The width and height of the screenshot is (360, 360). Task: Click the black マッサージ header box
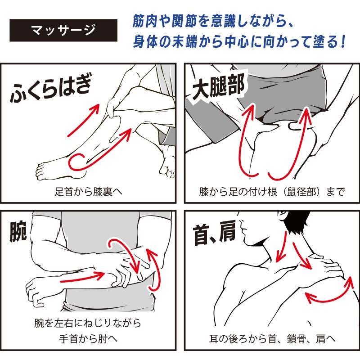tap(63, 30)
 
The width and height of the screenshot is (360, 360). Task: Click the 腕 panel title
tap(18, 231)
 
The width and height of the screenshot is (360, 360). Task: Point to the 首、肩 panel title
tap(215, 233)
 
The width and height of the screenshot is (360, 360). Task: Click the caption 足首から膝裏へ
tap(88, 192)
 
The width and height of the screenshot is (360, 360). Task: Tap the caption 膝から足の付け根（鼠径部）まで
tap(272, 192)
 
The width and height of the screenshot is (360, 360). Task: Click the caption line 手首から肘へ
tap(88, 339)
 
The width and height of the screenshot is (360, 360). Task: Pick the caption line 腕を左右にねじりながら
tap(88, 323)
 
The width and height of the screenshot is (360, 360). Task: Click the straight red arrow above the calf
tap(83, 120)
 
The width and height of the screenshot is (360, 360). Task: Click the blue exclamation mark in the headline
tap(343, 42)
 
